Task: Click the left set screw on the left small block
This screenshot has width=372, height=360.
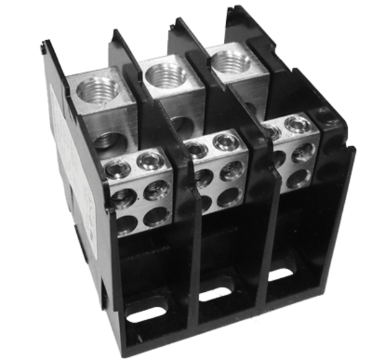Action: (x=116, y=167)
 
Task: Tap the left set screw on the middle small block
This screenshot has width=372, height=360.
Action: (x=195, y=148)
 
